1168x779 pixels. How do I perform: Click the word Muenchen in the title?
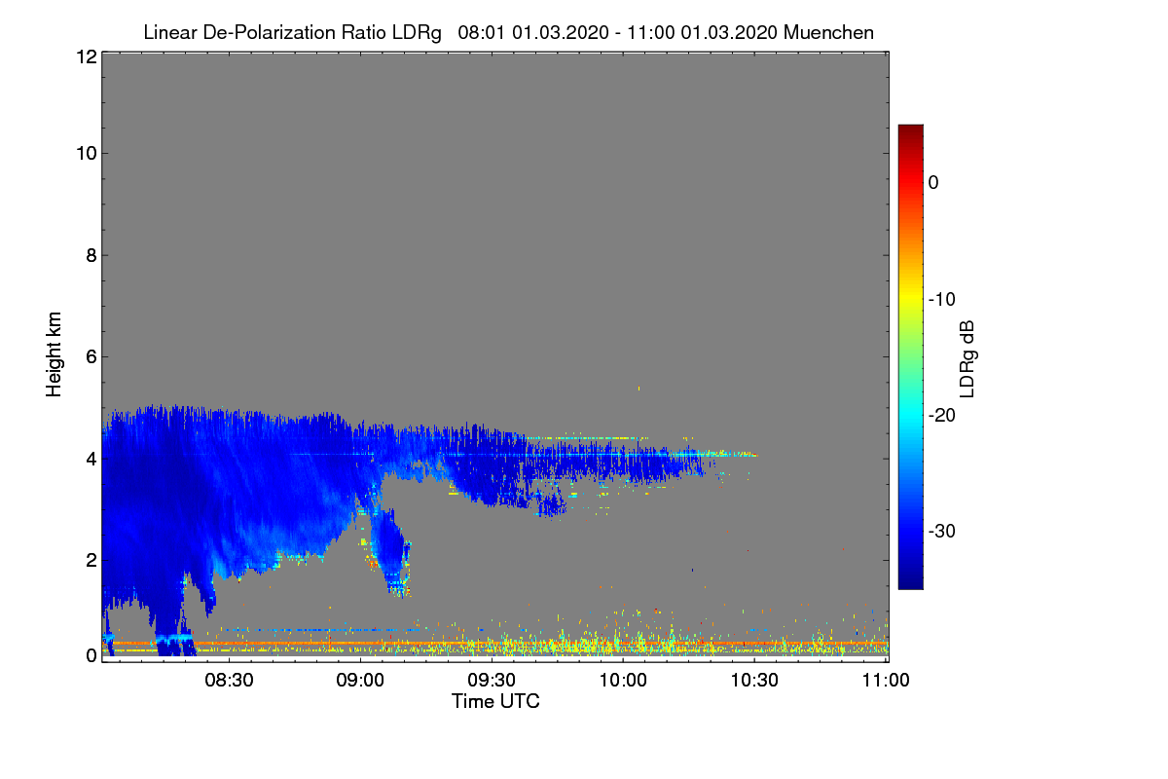pyautogui.click(x=828, y=33)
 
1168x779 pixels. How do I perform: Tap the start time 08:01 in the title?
pyautogui.click(x=481, y=33)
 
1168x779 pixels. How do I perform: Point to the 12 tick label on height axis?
pyautogui.click(x=87, y=56)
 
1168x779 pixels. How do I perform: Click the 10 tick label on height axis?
pyautogui.click(x=87, y=154)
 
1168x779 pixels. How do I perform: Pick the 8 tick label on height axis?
pyautogui.click(x=91, y=255)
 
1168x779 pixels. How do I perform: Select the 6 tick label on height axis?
pyautogui.click(x=91, y=357)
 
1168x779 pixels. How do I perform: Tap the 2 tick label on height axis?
pyautogui.click(x=91, y=560)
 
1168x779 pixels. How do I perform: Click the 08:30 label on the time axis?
pyautogui.click(x=229, y=681)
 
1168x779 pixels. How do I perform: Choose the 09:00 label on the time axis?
pyautogui.click(x=360, y=681)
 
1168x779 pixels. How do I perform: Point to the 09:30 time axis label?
pyautogui.click(x=492, y=681)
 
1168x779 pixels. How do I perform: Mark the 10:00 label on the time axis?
pyautogui.click(x=623, y=681)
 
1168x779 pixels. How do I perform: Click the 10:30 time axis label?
pyautogui.click(x=754, y=681)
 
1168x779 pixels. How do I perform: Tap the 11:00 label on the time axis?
pyautogui.click(x=886, y=681)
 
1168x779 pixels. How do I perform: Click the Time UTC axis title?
pyautogui.click(x=495, y=702)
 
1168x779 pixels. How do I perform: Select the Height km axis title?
pyautogui.click(x=54, y=354)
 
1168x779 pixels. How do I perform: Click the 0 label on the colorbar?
pyautogui.click(x=933, y=183)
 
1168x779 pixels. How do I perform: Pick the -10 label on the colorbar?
pyautogui.click(x=942, y=300)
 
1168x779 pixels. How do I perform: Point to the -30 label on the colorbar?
pyautogui.click(x=942, y=531)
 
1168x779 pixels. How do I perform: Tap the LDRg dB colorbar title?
pyautogui.click(x=967, y=359)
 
